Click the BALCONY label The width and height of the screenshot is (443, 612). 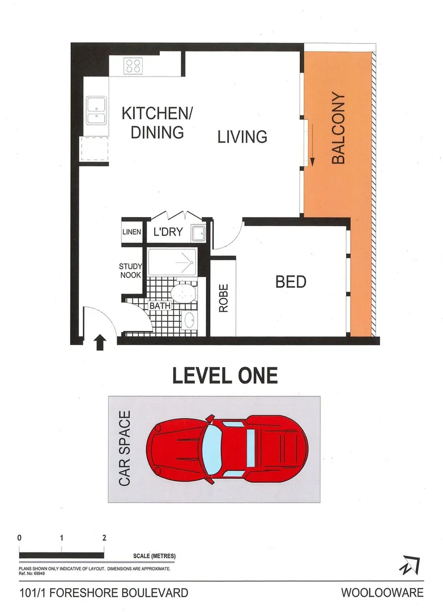click(x=338, y=129)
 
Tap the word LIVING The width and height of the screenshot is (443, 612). click(x=242, y=137)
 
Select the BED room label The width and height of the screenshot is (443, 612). click(x=291, y=282)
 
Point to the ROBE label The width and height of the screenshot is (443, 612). click(x=224, y=299)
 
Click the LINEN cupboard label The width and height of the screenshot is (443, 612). click(x=131, y=232)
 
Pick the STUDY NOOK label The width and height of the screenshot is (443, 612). click(x=130, y=271)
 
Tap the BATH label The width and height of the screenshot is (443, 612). click(x=160, y=306)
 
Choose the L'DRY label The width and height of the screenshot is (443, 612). click(x=168, y=232)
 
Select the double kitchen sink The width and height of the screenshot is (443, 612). click(x=96, y=110)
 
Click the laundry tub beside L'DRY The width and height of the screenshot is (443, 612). click(x=198, y=233)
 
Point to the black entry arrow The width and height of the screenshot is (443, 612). click(x=100, y=342)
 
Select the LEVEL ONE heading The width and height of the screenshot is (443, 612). click(x=224, y=375)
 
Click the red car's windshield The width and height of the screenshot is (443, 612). click(x=212, y=448)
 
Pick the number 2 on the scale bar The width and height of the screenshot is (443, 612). click(x=104, y=537)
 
